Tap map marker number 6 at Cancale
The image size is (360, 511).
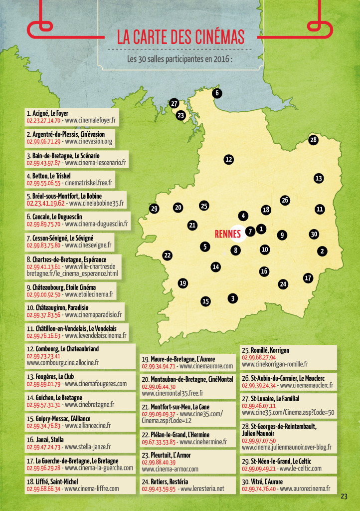coord(217,93)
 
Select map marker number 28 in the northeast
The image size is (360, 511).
coord(313,140)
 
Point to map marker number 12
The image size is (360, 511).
coord(229,160)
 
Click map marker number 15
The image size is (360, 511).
coord(205,301)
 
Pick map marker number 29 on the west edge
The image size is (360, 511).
coord(154,209)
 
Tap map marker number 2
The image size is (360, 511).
coord(323,251)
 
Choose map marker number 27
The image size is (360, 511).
coord(174,103)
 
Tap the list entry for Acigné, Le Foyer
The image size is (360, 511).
coord(47,113)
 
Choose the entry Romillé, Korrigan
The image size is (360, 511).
coord(265,350)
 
